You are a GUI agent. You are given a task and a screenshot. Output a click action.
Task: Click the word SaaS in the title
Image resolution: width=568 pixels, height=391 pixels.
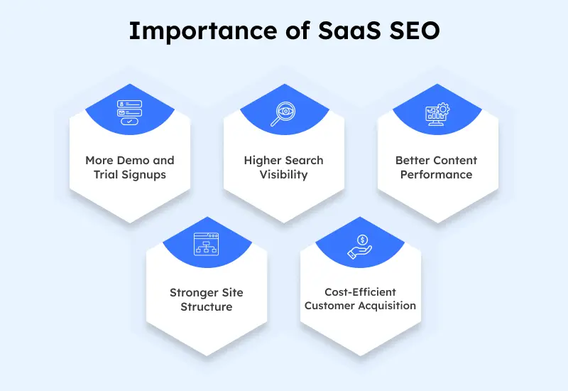349,31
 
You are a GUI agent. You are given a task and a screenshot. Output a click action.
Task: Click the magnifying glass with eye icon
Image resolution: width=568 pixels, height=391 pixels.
283,114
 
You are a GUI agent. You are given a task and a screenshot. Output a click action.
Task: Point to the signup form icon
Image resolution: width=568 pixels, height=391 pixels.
129,112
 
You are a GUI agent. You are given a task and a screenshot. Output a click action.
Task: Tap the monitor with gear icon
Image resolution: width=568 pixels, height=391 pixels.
437,114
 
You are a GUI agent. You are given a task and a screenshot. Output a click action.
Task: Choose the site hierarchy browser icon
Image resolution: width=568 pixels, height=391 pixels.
206,244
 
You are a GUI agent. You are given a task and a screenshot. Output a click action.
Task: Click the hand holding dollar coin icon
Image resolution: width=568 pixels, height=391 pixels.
360,247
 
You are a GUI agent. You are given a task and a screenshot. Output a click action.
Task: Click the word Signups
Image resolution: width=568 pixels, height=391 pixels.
144,175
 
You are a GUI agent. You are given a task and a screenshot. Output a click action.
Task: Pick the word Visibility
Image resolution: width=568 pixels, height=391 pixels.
283,175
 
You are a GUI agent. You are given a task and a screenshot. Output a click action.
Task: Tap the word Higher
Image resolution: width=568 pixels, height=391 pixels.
262,161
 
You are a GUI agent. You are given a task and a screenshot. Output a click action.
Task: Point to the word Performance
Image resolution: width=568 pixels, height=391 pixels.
436,175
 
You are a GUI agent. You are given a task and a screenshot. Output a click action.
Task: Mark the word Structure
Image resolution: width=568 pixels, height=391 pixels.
207,307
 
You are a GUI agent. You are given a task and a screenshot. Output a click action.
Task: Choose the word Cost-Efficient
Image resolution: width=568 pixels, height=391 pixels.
360,292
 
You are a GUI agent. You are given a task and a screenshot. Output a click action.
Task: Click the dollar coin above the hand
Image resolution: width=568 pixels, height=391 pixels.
362,240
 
